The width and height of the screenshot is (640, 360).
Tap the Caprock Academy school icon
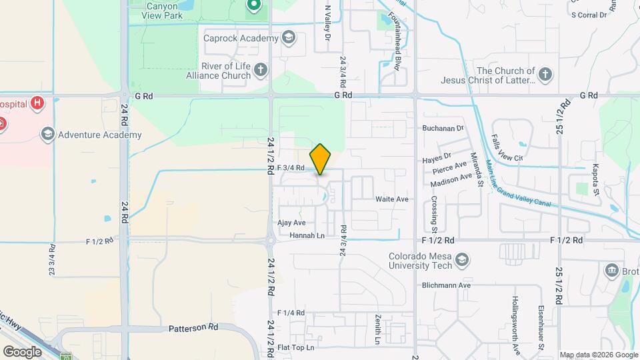288,37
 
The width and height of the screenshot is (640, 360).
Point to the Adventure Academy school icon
47,135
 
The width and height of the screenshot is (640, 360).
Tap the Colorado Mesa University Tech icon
462,259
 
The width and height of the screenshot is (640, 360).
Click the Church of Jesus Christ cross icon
545,74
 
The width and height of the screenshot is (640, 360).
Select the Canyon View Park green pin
253,6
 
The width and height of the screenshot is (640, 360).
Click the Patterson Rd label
193,328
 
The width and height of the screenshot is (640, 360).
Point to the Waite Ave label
391,199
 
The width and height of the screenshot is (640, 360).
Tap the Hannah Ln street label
307,235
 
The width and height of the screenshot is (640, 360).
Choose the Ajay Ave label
291,223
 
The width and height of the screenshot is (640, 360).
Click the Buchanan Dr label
442,128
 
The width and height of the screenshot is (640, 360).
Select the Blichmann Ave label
446,285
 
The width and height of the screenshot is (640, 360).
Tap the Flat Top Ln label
295,347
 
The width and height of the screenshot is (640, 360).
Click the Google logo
22,351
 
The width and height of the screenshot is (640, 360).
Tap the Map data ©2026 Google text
597,355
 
